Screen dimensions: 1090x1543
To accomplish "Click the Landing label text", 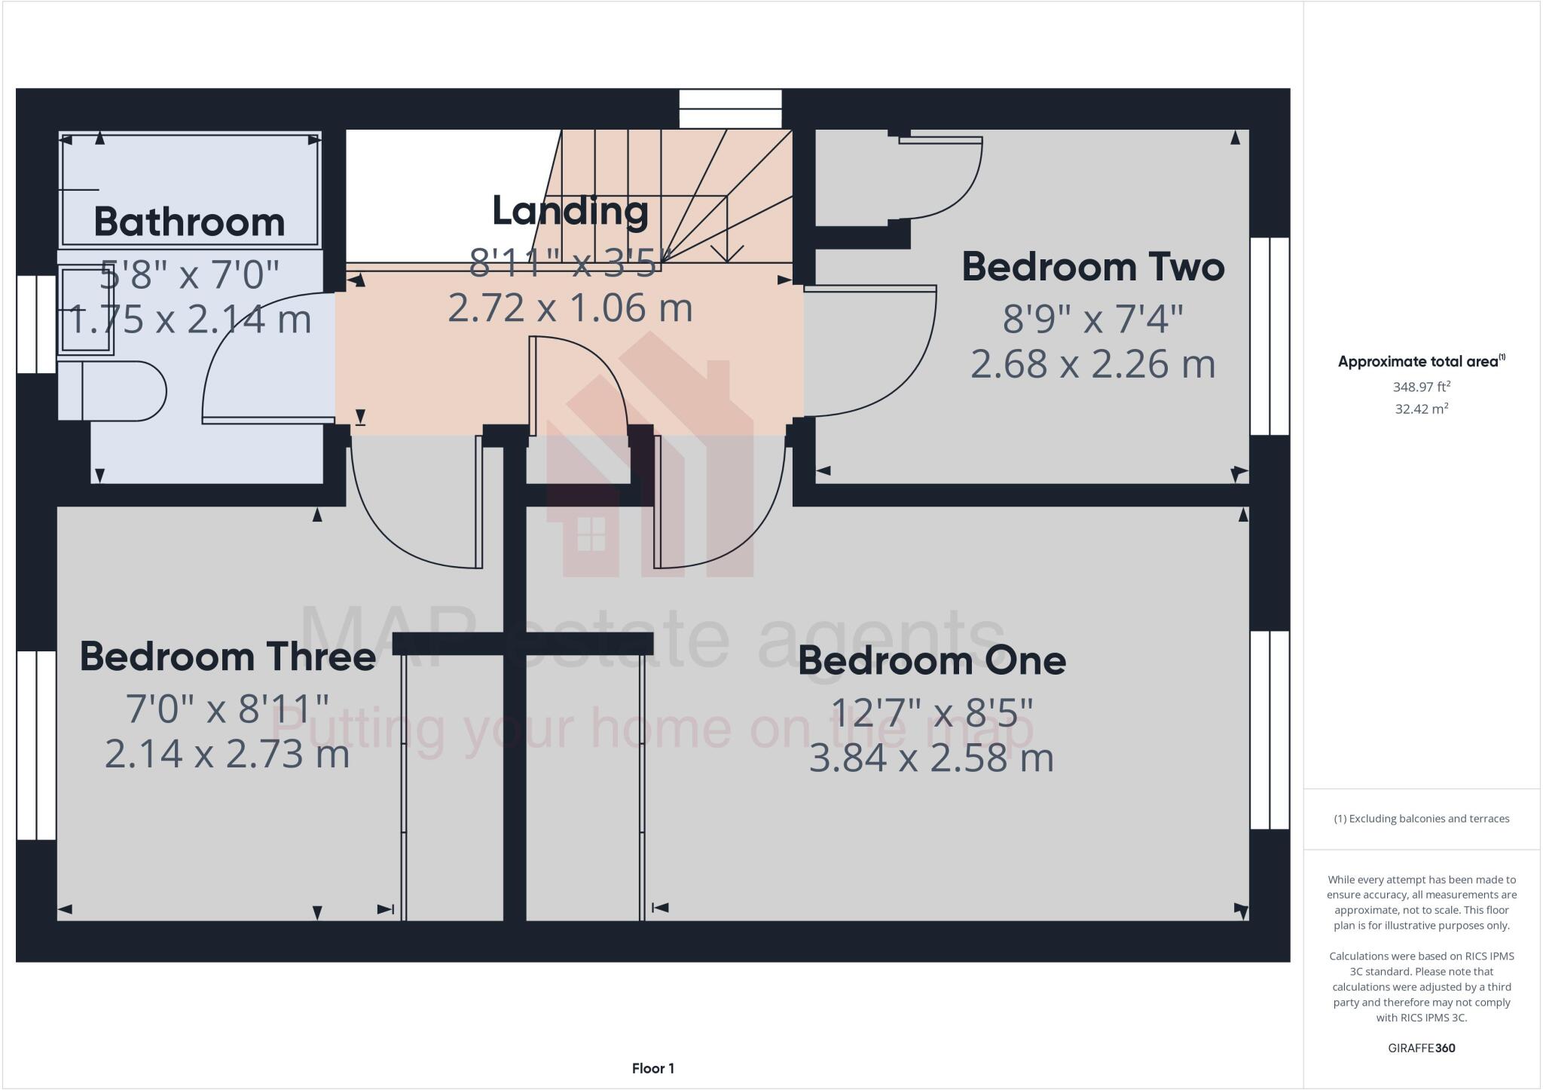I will coord(570,211).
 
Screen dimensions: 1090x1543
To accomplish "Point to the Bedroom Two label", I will coord(1092,267).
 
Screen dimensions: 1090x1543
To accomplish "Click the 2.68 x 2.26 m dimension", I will coord(1092,364).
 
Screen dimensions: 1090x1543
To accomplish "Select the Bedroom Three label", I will coord(228,656).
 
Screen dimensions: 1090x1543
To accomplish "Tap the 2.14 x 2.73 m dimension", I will coord(228,754).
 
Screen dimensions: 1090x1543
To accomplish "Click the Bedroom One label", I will coord(932,660).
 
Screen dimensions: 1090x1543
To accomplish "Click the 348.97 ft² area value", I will coord(1421,387).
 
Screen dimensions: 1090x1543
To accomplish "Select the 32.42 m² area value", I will coord(1421,409).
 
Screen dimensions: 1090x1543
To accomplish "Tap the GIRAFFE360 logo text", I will coord(1421,1048).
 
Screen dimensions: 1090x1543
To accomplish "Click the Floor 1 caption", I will coord(652,1068).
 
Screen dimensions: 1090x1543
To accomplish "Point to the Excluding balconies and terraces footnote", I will coord(1421,819).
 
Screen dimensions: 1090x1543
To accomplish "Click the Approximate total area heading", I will coord(1421,361).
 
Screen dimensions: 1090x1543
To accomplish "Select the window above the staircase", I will coord(730,109).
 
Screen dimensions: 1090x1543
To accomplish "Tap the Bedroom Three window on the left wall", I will coord(36,745).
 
